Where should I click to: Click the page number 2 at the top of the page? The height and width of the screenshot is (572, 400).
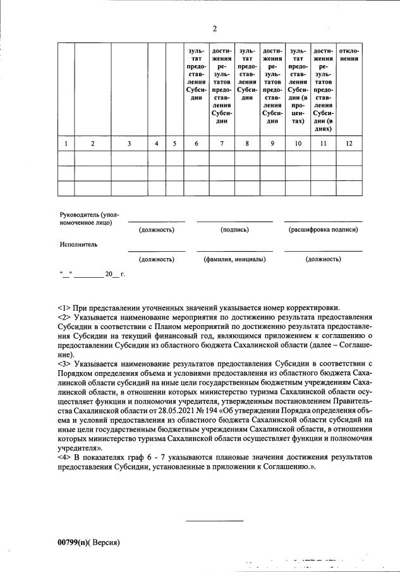point(214,29)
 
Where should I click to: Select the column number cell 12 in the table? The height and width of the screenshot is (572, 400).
point(349,144)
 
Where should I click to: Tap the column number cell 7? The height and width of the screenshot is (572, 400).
point(221,144)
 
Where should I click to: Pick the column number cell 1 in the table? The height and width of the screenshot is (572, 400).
point(66,144)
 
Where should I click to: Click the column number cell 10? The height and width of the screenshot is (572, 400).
point(297,144)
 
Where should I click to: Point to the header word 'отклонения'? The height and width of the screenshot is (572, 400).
point(349,54)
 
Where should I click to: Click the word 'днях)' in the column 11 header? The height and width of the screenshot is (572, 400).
point(324,128)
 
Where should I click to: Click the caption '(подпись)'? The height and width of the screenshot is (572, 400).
point(234,230)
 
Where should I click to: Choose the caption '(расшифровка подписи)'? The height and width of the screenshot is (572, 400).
point(323,230)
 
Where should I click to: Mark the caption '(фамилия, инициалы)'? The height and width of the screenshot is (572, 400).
point(234,259)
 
